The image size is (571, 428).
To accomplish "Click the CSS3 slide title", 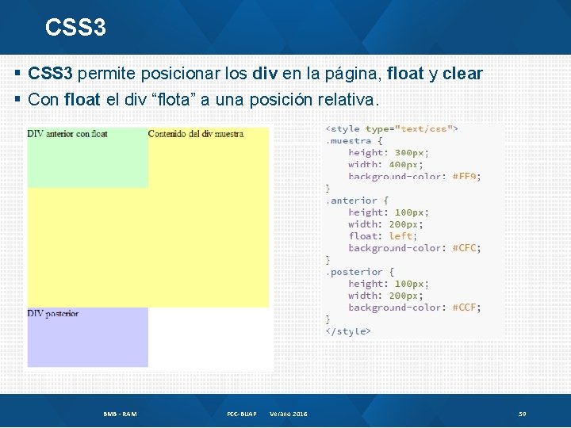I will (x=75, y=28).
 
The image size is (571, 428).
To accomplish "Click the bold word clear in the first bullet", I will (x=462, y=74).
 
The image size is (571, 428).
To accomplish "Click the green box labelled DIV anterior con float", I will (x=87, y=159).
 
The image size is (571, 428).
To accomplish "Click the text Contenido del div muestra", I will (x=195, y=134).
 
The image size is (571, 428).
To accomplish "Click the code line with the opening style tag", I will (x=392, y=128).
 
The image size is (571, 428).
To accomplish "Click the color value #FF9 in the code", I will (x=466, y=177).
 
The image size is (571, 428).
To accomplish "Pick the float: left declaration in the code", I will (x=381, y=236).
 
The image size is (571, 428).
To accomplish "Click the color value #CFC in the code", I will (x=466, y=248).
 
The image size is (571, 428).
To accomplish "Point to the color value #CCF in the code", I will (x=466, y=308).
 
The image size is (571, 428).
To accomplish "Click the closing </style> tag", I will (x=348, y=331).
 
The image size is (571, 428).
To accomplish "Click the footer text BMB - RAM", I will (x=120, y=414).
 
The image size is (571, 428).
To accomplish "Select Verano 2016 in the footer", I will (x=289, y=414).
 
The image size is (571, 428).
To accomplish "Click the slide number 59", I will (x=523, y=414).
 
